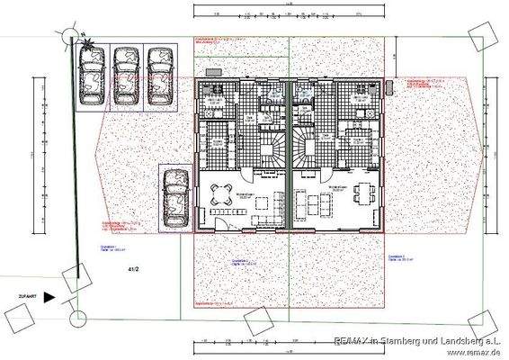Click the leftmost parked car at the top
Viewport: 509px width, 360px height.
coord(92,76)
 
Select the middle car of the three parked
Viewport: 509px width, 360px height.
coord(125,76)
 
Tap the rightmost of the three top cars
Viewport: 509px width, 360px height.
coord(159,76)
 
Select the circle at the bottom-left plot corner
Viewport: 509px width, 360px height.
coord(78,316)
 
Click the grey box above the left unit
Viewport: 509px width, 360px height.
coord(213,71)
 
